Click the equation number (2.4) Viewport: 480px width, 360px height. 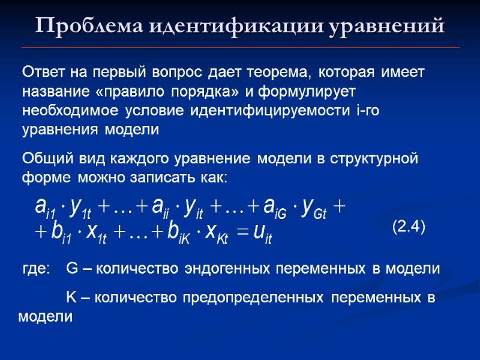tap(409, 227)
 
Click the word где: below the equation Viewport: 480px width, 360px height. tap(36, 269)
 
